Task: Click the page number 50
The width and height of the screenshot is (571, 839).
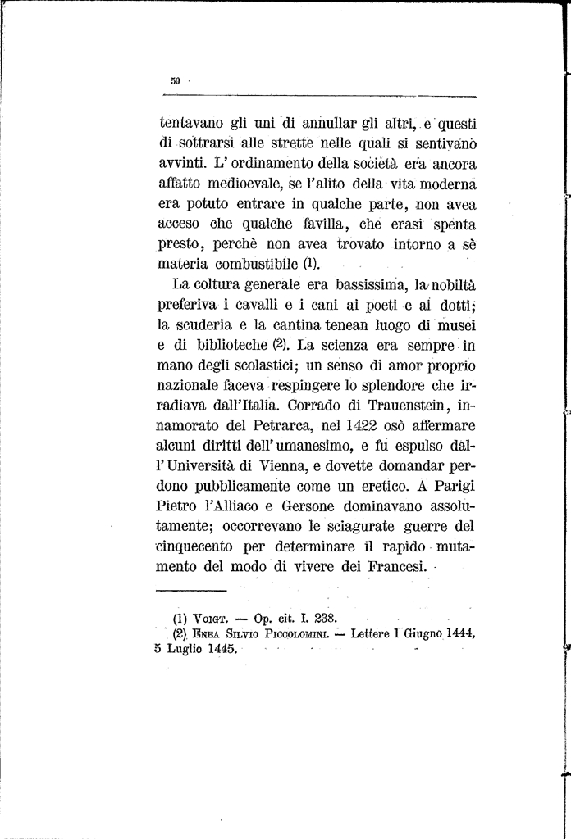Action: tap(175, 80)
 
